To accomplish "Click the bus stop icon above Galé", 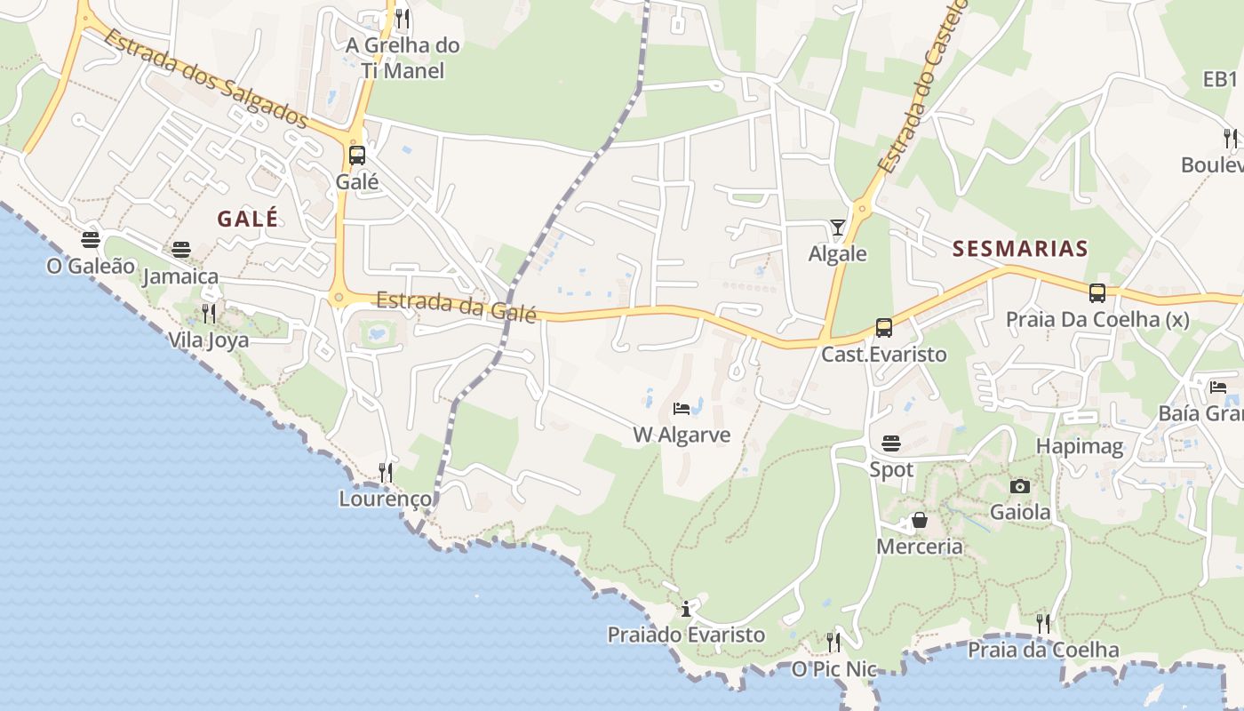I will click(x=356, y=156).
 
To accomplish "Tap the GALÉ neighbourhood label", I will click(x=248, y=219).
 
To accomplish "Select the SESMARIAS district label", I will click(x=1020, y=249).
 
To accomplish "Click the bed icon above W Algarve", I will click(x=682, y=409).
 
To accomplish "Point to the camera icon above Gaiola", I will click(x=1020, y=486).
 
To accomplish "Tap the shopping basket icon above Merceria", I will click(x=920, y=520).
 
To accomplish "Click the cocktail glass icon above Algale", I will click(x=837, y=228).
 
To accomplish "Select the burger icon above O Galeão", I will click(x=90, y=239).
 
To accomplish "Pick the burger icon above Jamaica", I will click(x=181, y=250).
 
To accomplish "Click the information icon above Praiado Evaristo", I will click(x=686, y=609).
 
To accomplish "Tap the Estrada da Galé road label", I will click(x=457, y=307).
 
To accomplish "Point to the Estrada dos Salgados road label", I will click(x=205, y=78).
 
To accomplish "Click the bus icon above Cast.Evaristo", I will click(x=883, y=328).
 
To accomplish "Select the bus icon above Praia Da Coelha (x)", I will click(x=1097, y=293).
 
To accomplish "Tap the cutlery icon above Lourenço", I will click(x=386, y=472).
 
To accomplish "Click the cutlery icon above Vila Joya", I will click(x=209, y=313).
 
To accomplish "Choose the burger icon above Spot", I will click(x=891, y=443).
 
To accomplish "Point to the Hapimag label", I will click(x=1080, y=446).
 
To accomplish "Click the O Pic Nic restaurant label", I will click(x=834, y=669).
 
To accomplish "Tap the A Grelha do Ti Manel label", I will click(x=403, y=57).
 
